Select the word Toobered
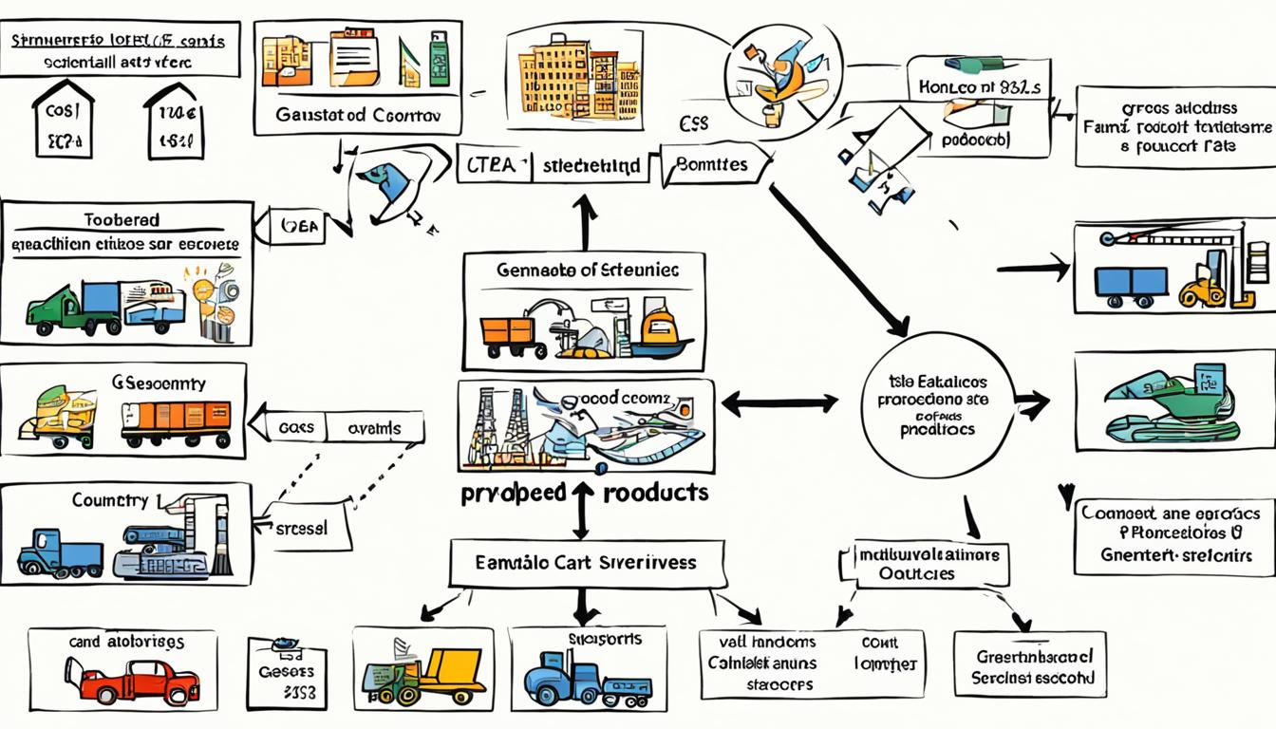coord(122,219)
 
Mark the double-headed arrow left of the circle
coord(779,403)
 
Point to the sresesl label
coord(300,528)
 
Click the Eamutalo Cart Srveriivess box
coord(585,562)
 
